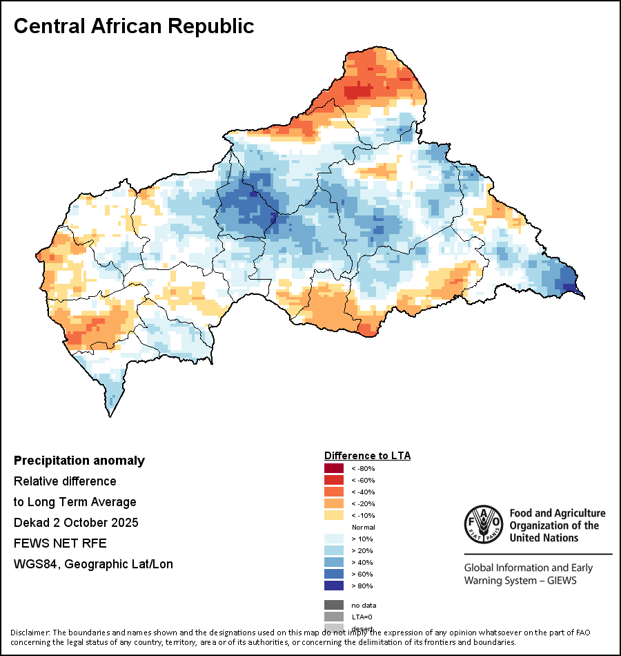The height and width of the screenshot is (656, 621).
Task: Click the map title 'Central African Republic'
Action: [x=134, y=26]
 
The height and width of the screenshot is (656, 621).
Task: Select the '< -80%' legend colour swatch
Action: [x=334, y=469]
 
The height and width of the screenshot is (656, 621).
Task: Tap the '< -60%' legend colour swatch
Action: [x=334, y=480]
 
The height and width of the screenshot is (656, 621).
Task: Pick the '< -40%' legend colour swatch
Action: [x=334, y=492]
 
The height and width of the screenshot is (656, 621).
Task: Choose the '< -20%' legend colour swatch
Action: [x=334, y=503]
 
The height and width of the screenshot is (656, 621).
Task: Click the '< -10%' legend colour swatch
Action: [x=334, y=515]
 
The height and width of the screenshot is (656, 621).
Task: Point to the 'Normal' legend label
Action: [x=363, y=527]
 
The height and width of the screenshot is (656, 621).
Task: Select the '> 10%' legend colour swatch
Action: [x=334, y=539]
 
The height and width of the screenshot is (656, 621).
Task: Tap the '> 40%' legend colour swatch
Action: [x=334, y=562]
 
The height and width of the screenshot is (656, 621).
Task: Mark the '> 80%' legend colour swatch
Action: [x=334, y=586]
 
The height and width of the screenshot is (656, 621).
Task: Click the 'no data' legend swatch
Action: [x=334, y=605]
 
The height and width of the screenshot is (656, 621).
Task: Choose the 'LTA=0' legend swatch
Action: [x=334, y=617]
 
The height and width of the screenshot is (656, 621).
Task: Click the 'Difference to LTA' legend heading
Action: [x=367, y=456]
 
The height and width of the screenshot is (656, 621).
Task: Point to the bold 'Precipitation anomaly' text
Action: [x=79, y=461]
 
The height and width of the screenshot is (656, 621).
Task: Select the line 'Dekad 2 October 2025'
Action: [x=76, y=523]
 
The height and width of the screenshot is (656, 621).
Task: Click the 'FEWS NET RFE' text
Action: [x=60, y=543]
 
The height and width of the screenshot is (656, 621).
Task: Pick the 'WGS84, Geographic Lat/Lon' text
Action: [x=93, y=564]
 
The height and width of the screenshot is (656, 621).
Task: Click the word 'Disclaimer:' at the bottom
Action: [x=30, y=633]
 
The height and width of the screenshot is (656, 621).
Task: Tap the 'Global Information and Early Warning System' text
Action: [x=528, y=574]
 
